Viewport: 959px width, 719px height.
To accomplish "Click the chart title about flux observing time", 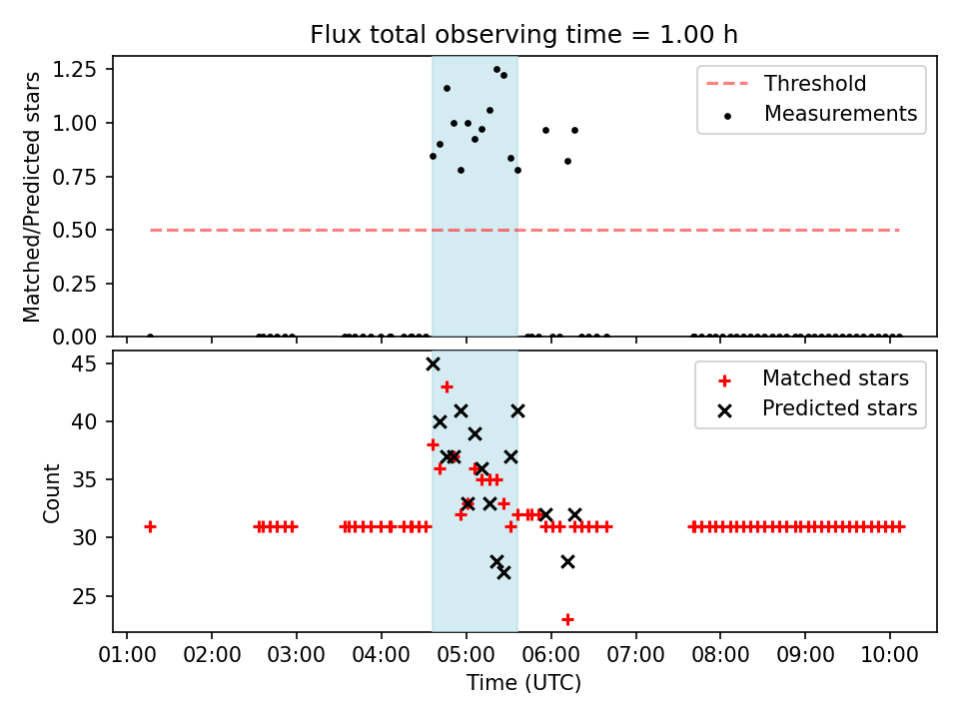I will (523, 35).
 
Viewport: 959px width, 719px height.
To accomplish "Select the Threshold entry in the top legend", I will (815, 84).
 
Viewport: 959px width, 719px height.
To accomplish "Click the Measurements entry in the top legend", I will (840, 114).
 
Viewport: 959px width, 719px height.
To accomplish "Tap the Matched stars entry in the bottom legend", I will (835, 378).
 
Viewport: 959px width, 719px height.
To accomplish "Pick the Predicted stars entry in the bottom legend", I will (839, 408).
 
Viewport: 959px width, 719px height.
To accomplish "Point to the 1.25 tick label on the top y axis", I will (76, 70).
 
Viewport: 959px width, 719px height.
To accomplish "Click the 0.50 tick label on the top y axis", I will (76, 230).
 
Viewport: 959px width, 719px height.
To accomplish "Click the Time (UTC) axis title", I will (523, 684).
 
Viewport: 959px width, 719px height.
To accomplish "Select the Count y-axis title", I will (52, 492).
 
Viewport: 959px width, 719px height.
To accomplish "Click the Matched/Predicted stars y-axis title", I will (33, 197).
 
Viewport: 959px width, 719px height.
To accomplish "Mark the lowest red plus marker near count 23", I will (567, 619).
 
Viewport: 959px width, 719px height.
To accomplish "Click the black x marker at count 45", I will (433, 363).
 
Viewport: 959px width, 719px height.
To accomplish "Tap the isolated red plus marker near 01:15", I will (150, 526).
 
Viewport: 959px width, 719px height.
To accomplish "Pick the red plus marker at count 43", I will (447, 386).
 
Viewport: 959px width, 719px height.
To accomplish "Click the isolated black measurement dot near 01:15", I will (150, 337).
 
